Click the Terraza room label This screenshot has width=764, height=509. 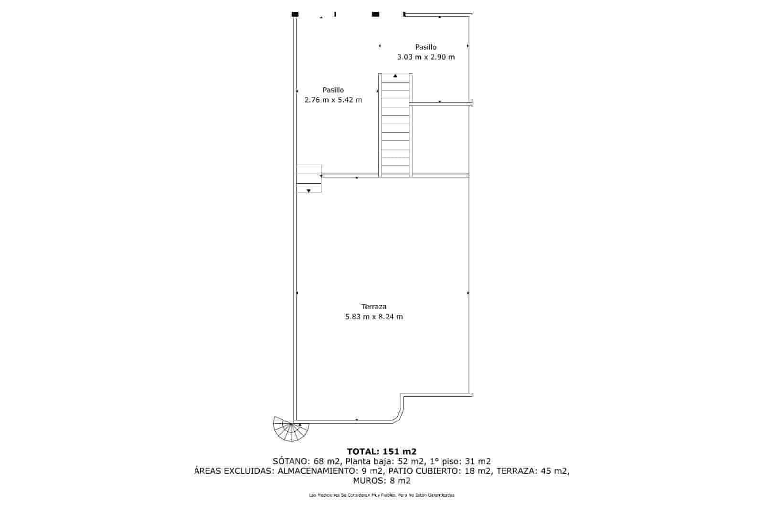[x=374, y=307]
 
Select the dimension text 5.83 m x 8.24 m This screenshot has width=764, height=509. [x=374, y=317]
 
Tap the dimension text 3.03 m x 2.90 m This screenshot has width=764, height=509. [x=425, y=57]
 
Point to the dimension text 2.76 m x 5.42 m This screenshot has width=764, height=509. [x=333, y=100]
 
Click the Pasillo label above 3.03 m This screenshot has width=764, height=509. [x=425, y=47]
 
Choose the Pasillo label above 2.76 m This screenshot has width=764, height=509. [x=333, y=90]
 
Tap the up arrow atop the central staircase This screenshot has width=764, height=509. [x=395, y=76]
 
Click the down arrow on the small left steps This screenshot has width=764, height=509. [x=308, y=191]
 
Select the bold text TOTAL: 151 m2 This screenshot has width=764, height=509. [x=382, y=451]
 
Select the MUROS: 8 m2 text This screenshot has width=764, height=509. [x=382, y=481]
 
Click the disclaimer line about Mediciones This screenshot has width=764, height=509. [x=382, y=495]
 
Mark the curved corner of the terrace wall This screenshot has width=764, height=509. [x=398, y=417]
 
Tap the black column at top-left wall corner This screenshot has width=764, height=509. [x=295, y=14]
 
